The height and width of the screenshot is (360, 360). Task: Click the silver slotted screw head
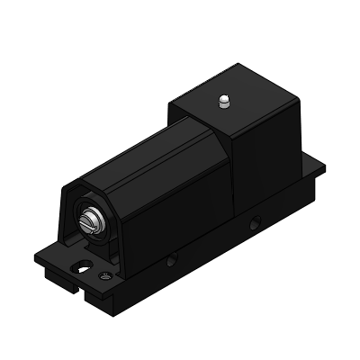90,220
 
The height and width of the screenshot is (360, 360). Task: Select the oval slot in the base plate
84,265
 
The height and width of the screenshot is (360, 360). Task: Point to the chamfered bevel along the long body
117,171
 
